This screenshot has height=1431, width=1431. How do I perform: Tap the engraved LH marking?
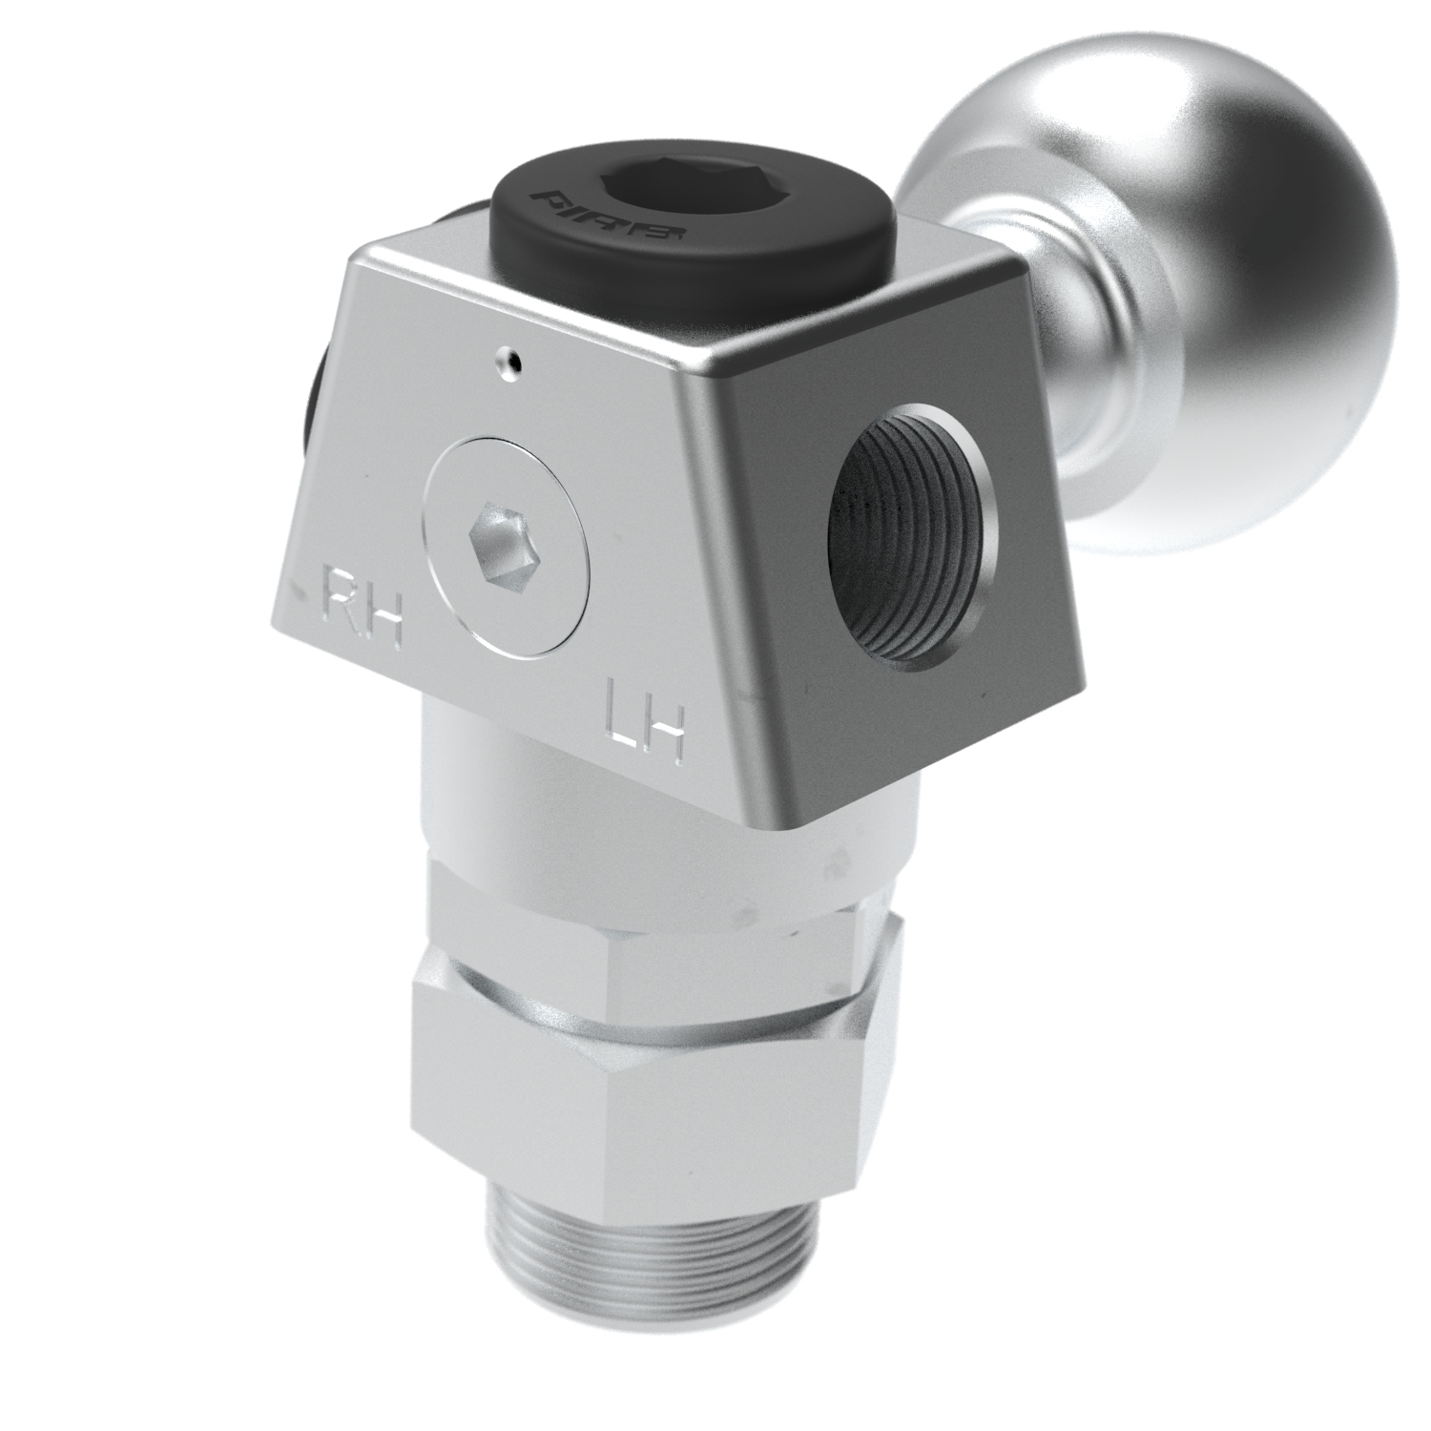click(644, 720)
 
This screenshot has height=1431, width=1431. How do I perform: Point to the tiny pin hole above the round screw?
click(509, 361)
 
